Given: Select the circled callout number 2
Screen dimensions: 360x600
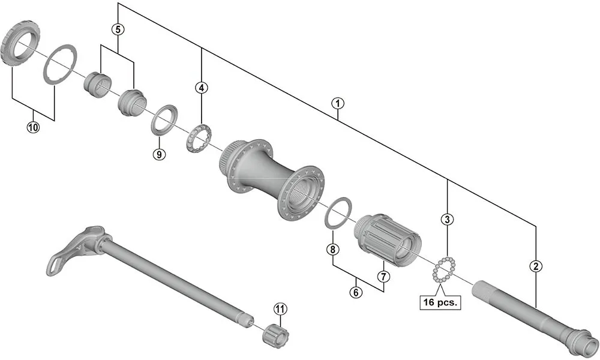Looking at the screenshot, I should pyautogui.click(x=535, y=265).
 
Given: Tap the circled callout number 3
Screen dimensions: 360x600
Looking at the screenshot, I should pyautogui.click(x=446, y=220).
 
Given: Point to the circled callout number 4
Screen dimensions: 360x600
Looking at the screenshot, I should pyautogui.click(x=202, y=88).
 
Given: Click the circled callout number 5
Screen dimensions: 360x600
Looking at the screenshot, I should pyautogui.click(x=118, y=29).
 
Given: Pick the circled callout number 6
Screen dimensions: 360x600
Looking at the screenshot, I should pyautogui.click(x=357, y=293).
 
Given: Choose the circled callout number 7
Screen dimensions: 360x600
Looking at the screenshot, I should pyautogui.click(x=384, y=277).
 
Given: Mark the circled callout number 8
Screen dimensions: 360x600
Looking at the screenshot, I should pyautogui.click(x=332, y=249).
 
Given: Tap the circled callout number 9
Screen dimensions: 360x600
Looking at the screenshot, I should pyautogui.click(x=158, y=154).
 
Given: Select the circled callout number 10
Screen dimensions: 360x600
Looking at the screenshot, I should pyautogui.click(x=33, y=127).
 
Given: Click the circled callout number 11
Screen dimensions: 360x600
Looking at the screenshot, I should pyautogui.click(x=280, y=308).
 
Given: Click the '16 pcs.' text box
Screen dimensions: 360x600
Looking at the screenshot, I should pyautogui.click(x=439, y=302).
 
